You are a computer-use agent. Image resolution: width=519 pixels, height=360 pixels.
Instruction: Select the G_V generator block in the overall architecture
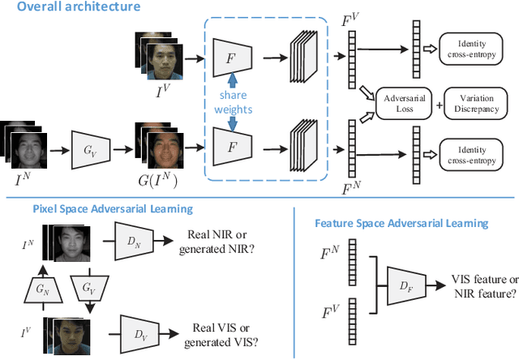pos(90,148)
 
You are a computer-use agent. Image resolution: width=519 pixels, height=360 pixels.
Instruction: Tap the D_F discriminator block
pos(405,285)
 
